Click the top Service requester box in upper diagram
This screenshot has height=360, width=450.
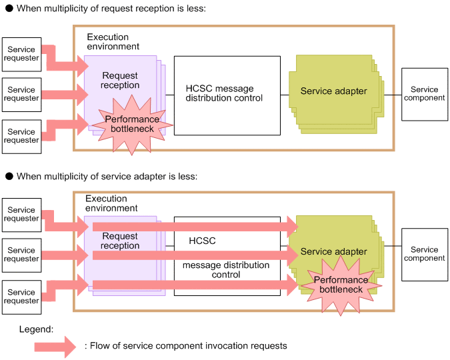(x=22, y=55)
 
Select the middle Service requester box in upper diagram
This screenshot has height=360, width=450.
(x=22, y=95)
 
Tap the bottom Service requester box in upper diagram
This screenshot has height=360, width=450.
(x=22, y=137)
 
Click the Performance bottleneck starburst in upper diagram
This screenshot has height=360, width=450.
(x=132, y=125)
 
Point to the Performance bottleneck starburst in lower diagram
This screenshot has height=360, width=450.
(x=341, y=285)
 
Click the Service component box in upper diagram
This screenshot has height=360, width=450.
(x=425, y=94)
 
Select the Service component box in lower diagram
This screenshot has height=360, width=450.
(x=425, y=255)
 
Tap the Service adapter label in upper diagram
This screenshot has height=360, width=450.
(x=333, y=91)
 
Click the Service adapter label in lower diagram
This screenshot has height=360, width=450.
(x=333, y=251)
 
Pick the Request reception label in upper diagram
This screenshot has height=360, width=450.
(x=120, y=80)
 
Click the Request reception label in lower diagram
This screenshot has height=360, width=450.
(x=120, y=241)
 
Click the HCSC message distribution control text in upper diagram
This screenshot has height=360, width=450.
(x=224, y=93)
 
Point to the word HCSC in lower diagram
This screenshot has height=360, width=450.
(x=202, y=241)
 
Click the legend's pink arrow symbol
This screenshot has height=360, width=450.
(x=55, y=347)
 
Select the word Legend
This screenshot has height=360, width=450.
(x=36, y=329)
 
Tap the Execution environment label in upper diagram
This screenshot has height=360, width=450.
(x=113, y=41)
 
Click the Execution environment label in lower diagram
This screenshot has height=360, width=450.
(x=111, y=203)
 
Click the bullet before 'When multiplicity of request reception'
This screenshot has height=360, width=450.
(x=9, y=8)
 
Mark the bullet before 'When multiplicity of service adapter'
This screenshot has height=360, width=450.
(x=9, y=176)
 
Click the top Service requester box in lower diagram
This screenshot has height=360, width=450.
(x=22, y=215)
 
